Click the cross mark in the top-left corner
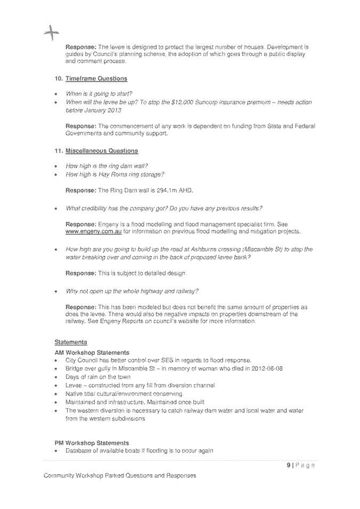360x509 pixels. pos(51,33)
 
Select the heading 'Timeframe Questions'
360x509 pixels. pos(96,78)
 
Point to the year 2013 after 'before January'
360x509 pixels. pos(114,110)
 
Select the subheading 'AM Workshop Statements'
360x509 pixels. pos(92,353)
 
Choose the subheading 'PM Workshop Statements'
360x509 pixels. pos(92,443)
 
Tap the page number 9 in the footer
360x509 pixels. pos(289,465)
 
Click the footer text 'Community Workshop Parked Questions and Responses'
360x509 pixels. pos(120,475)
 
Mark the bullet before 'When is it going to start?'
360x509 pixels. pos(55,94)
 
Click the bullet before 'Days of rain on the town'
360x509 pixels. pos(55,377)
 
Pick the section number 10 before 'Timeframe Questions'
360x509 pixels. pos(58,78)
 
